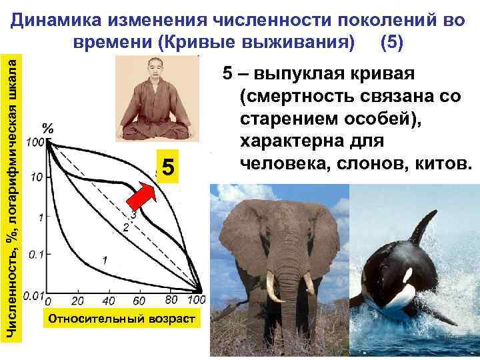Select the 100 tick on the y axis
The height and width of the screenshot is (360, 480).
[x=35, y=141]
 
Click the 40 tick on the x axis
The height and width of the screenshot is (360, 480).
[x=109, y=301]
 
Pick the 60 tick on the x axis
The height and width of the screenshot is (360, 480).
[x=140, y=301]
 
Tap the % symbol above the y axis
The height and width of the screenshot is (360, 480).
[x=49, y=127]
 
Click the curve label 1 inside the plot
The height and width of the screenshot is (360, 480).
[x=105, y=258]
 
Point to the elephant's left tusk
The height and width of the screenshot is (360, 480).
[x=272, y=287]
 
